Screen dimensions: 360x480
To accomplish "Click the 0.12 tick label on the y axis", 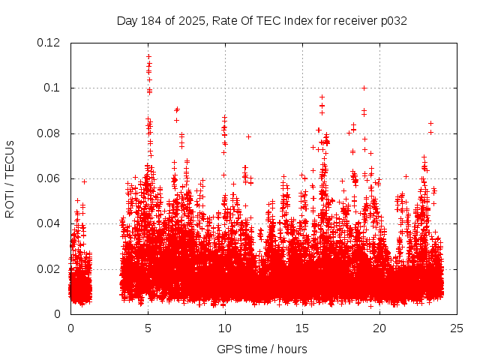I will point(49,43).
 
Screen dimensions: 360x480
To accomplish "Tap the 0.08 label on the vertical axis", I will point(49,133).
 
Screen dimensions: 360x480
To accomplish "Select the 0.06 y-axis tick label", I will point(49,178).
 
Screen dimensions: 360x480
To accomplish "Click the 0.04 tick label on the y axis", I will point(49,223).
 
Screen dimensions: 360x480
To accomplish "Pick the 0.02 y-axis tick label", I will point(49,269).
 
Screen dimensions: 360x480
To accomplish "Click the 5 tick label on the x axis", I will point(148,328).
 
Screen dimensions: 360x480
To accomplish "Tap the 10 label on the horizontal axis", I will point(225,328).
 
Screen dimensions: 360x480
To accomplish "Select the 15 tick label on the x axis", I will point(302,328).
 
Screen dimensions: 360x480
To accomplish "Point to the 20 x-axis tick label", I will point(379,328).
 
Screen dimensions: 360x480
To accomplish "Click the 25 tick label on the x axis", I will point(457,328).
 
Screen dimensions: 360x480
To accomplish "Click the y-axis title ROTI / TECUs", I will point(10,178).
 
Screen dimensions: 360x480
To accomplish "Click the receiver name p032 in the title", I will point(394,20).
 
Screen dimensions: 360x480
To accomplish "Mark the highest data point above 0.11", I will point(148,56).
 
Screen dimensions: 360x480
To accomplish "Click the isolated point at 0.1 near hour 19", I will point(364,88).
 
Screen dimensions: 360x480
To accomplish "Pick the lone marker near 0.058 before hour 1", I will point(84,181).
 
